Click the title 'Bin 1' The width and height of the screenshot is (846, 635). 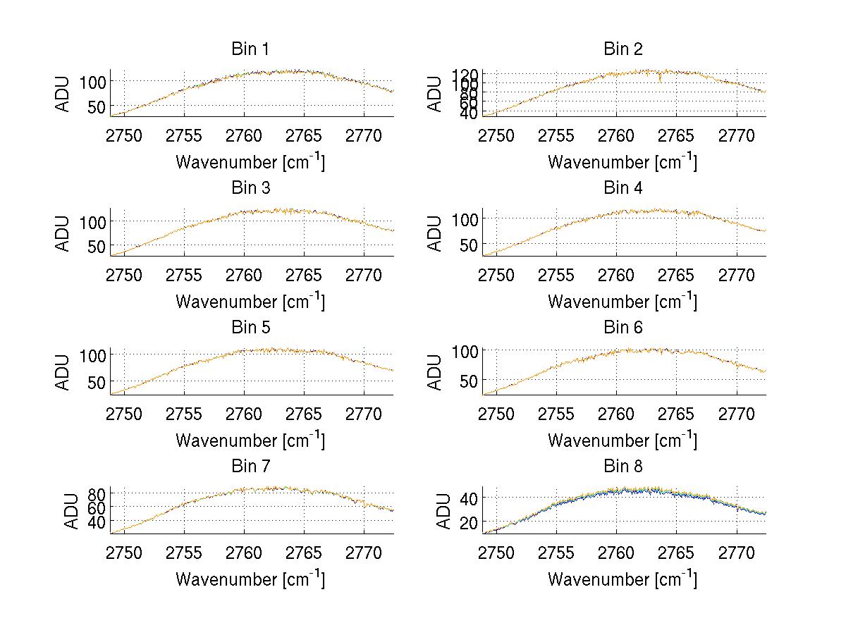250,49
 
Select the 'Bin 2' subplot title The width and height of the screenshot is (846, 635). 623,49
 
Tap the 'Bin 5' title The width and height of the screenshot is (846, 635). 250,327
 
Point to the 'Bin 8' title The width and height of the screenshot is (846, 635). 623,466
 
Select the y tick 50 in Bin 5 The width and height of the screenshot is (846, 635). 98,381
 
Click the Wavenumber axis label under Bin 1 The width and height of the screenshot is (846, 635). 250,161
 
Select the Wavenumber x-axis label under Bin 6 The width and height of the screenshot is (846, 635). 623,440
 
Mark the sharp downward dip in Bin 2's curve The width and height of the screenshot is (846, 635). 659,80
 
